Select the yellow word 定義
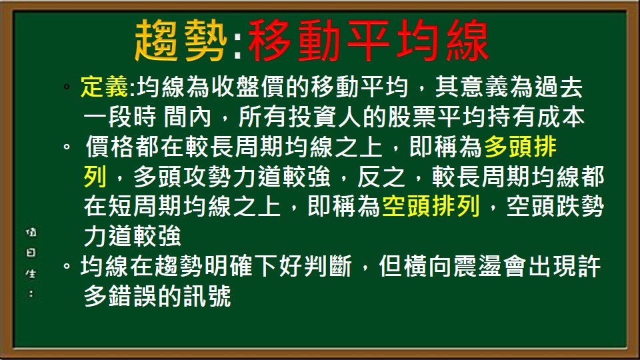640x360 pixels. (107, 87)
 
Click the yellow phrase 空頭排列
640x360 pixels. (431, 207)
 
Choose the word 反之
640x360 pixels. (381, 177)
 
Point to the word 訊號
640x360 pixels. (208, 297)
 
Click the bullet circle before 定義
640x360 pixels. (67, 89)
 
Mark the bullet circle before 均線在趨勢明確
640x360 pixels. (67, 267)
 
